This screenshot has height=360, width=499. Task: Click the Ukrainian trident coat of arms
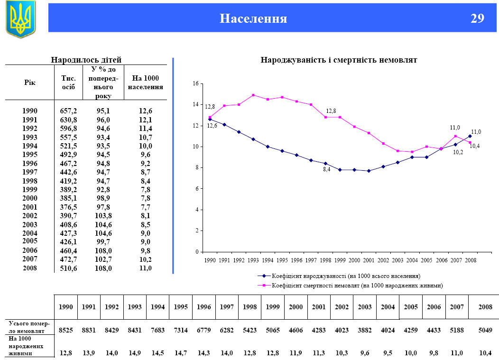tap(20, 19)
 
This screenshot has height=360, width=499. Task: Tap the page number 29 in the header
tap(477, 18)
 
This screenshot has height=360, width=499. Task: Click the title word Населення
tap(253, 18)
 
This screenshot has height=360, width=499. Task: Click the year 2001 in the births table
tap(30, 207)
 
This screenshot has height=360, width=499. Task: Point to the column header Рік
tap(30, 83)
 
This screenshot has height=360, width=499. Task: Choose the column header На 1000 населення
tap(146, 83)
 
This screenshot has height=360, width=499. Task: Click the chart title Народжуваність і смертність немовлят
tap(339, 60)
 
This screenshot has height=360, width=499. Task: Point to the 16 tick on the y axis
tap(195, 83)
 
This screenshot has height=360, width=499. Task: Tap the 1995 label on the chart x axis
tap(282, 260)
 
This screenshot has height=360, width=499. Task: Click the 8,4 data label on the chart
tap(326, 169)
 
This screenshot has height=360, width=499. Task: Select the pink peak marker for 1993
tap(253, 95)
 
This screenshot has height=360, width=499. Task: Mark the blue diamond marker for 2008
tap(470, 136)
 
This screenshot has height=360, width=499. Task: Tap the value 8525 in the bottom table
tap(65, 330)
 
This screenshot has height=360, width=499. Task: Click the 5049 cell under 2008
tap(485, 330)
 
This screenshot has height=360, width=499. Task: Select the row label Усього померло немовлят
tap(29, 326)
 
